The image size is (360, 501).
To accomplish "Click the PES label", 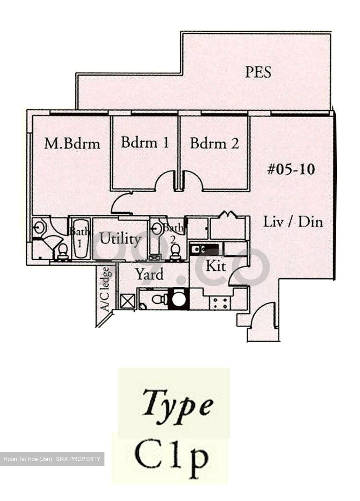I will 258,72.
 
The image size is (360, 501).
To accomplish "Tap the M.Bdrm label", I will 72,144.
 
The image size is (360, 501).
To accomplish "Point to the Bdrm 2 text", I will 214,143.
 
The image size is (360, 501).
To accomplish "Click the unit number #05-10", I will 291,169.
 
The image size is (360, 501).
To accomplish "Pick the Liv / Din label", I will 293,222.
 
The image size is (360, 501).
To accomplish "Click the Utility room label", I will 120,239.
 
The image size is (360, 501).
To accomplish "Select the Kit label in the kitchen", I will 216,267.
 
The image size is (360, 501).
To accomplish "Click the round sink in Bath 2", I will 157,229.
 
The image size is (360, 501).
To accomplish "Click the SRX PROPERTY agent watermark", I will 52,459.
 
